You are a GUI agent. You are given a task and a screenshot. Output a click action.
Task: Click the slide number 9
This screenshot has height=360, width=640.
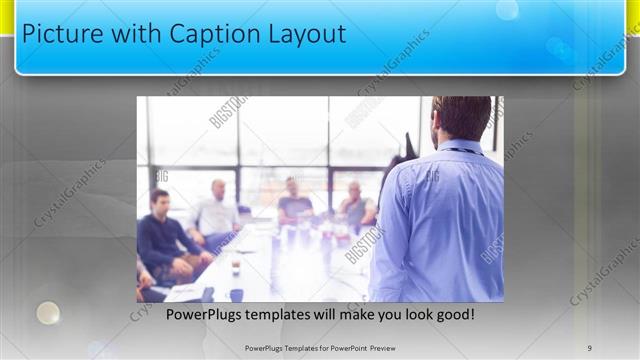point(590,348)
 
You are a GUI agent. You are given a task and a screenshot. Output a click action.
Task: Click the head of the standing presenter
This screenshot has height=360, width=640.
point(462,118)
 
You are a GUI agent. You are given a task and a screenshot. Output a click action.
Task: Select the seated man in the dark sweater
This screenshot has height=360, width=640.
point(163,235)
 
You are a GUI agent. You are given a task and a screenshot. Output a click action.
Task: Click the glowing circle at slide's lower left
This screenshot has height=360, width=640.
point(48,313)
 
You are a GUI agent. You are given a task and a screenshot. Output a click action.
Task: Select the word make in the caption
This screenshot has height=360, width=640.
point(343,315)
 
